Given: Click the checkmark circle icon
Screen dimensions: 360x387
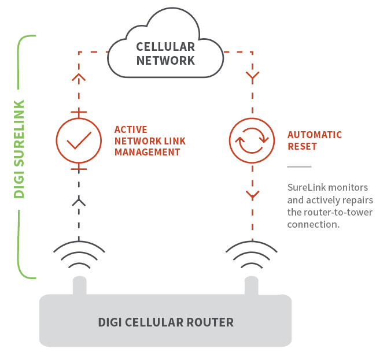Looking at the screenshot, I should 79,140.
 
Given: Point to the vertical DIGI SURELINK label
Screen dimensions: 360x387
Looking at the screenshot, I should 19,149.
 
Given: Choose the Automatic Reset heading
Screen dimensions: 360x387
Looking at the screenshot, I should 315,140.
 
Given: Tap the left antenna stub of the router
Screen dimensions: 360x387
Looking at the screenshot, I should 79,285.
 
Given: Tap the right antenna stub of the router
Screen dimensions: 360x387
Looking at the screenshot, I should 252,285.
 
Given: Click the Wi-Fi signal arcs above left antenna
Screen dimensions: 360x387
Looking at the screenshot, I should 79,255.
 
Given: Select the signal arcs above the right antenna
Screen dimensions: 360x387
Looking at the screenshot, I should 252,255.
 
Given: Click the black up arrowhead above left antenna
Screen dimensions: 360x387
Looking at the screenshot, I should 79,202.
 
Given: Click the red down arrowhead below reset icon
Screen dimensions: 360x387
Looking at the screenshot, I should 252,195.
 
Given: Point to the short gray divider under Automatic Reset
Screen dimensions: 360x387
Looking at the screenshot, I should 299,166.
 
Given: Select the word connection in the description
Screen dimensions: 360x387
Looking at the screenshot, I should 312,224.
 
